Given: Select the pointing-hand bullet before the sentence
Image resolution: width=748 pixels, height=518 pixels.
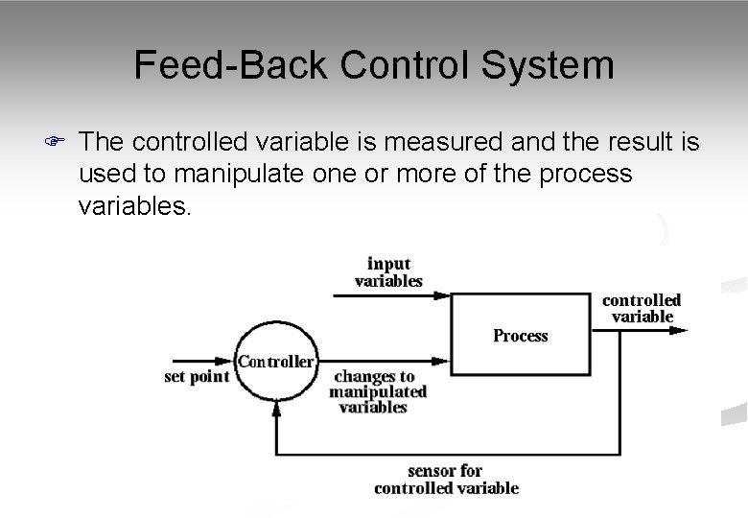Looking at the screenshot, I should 56,143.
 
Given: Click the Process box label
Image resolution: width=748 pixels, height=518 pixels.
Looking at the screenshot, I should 521,336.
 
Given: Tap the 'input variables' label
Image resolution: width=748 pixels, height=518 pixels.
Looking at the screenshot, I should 388,272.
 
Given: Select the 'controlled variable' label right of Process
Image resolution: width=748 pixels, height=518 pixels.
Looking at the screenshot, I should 642,308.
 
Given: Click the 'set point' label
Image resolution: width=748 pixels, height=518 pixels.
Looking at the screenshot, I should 197,377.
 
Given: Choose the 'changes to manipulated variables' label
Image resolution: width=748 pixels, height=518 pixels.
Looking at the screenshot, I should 377,391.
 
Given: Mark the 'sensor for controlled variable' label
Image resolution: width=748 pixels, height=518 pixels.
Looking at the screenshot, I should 446,479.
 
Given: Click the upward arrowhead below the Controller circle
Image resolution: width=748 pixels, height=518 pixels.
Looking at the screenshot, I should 276,408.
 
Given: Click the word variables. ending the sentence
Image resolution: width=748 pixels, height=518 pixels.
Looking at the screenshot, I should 135,205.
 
